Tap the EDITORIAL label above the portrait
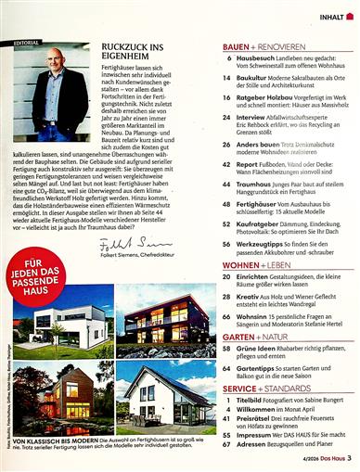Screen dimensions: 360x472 [x=28, y=42]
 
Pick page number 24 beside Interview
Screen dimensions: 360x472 [x=227, y=118]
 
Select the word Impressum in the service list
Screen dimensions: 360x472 [x=262, y=433]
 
